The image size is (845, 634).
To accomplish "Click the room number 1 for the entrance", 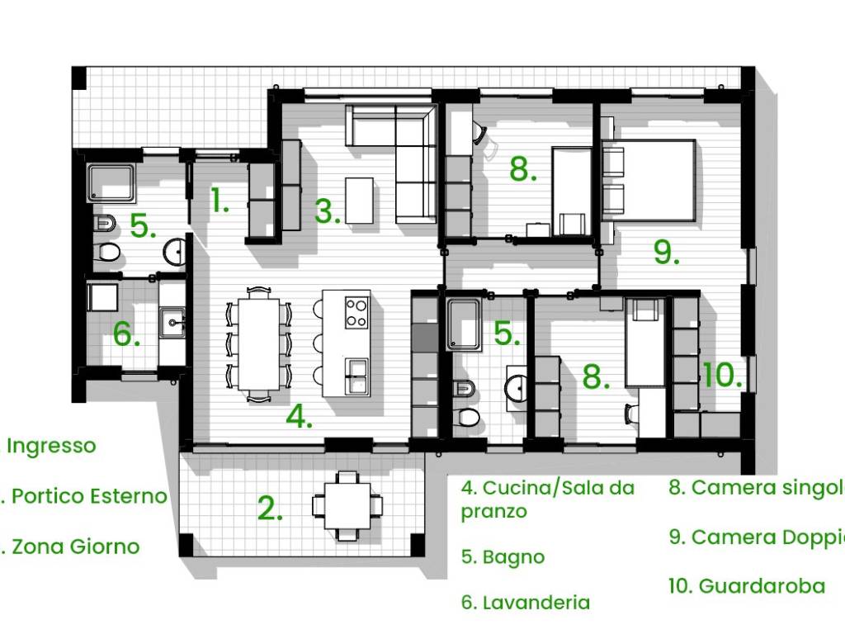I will point(219,201).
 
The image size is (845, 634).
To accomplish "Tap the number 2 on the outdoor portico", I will point(270,509).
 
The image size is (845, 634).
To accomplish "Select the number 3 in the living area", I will point(327,211).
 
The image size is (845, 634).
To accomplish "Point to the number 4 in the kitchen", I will point(299,417).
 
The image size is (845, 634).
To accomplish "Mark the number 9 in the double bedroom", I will point(665,252).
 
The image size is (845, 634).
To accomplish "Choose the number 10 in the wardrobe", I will point(722,376).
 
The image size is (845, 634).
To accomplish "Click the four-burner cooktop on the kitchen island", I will point(356,312).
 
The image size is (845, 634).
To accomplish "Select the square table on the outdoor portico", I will point(347,505).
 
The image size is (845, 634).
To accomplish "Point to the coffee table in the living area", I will point(359,200).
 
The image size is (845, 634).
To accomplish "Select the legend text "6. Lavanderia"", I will point(526,603).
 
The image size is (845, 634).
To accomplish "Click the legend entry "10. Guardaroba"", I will point(746,586).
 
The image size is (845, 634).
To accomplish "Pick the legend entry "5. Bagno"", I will point(503,557).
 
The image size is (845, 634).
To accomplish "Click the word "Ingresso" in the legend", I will point(51,446).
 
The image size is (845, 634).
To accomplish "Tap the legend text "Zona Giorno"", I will point(75,546).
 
